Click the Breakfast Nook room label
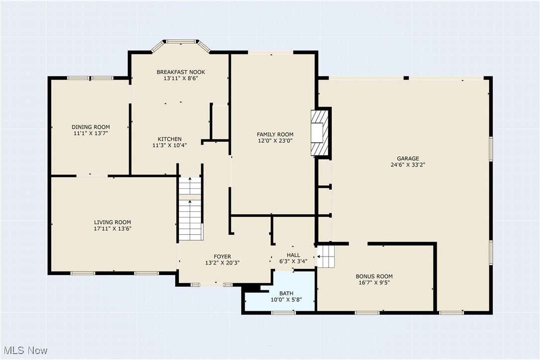181,72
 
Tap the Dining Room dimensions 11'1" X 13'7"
91,133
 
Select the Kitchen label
170,139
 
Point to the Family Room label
275,134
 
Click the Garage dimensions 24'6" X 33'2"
408,165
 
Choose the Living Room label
112,222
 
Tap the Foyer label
222,257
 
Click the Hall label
293,255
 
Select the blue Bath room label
286,293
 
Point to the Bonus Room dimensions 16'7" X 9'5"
374,282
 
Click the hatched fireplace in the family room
320,133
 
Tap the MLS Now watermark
25,351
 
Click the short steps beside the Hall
326,257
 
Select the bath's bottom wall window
283,313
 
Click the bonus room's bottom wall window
367,313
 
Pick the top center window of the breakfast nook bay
181,42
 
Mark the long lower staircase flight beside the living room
190,220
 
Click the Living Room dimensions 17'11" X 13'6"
113,228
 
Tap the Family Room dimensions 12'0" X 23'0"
275,141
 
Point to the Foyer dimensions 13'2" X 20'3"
222,263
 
